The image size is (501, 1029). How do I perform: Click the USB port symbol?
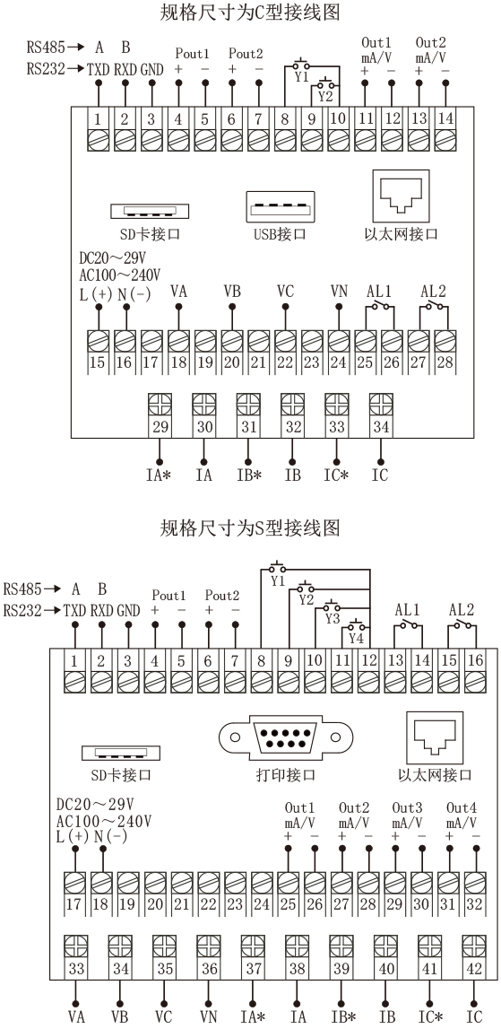pos(280,206)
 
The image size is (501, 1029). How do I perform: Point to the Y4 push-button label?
pos(356,637)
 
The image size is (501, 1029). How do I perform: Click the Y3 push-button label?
pos(333,618)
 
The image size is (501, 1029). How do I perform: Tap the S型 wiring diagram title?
pos(251,528)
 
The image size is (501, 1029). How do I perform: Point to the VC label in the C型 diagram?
pos(285,291)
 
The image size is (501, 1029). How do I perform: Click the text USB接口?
pos(280,234)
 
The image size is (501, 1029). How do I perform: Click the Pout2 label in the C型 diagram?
pos(246,53)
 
